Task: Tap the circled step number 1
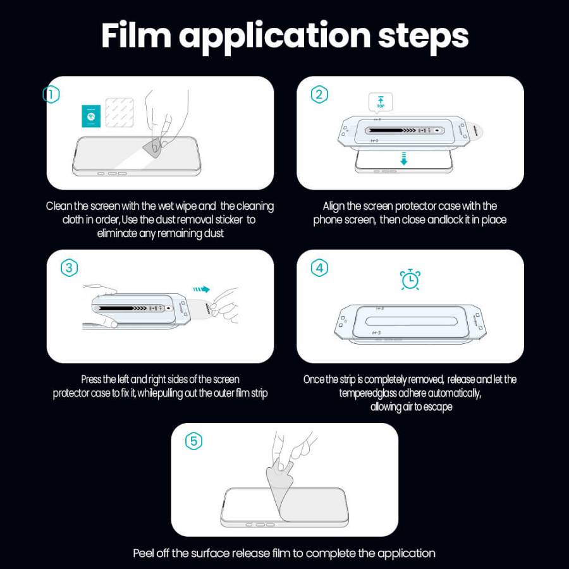pyautogui.click(x=51, y=95)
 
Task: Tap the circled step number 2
pyautogui.click(x=319, y=95)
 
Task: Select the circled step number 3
pyautogui.click(x=69, y=268)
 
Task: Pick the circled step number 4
pyautogui.click(x=319, y=268)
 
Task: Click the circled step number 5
pyautogui.click(x=194, y=441)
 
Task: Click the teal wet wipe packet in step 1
pyautogui.click(x=92, y=116)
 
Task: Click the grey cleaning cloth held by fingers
pyautogui.click(x=151, y=147)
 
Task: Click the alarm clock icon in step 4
pyautogui.click(x=410, y=279)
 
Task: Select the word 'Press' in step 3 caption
pyautogui.click(x=92, y=379)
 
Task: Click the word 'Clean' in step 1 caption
pyautogui.click(x=59, y=206)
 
